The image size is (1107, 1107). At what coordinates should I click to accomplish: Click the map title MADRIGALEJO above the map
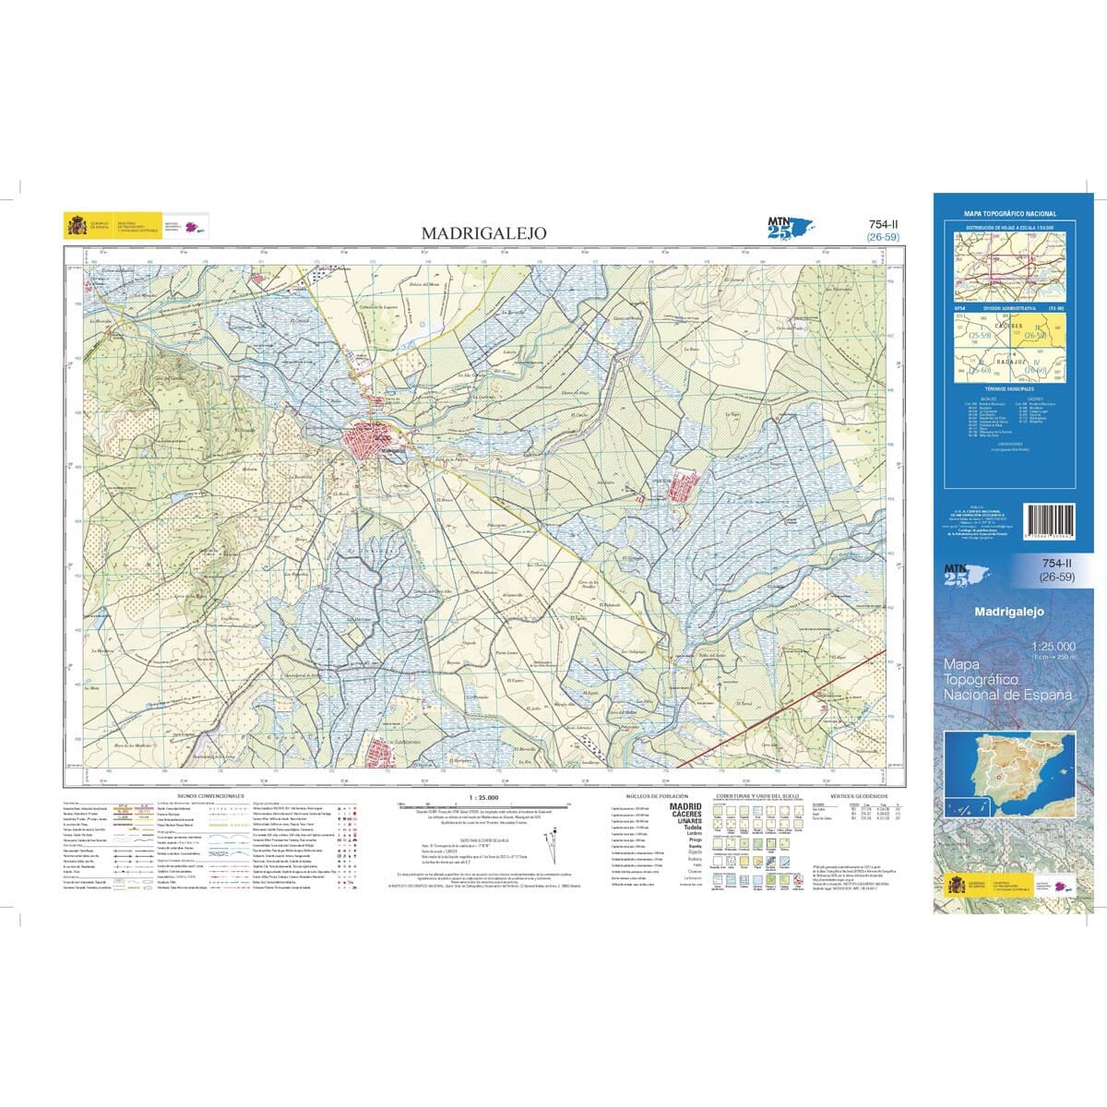(x=483, y=233)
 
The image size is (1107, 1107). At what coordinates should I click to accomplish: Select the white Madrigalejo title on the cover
(x=1009, y=612)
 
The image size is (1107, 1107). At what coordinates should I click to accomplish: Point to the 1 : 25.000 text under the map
(x=483, y=796)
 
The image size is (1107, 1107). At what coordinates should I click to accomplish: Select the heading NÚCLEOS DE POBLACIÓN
(x=652, y=795)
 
